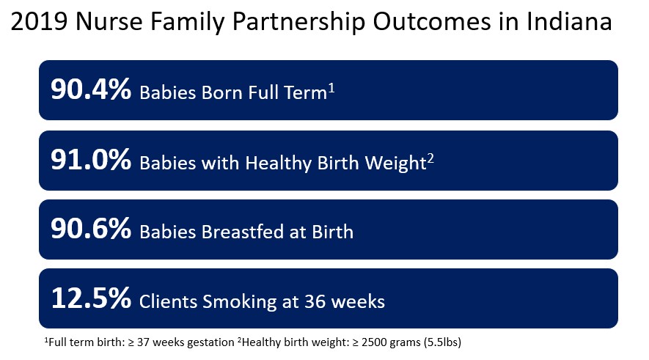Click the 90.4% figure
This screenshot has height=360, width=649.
pos(91,89)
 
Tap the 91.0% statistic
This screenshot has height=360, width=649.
pos(91,160)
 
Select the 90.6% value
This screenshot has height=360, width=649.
pos(91,229)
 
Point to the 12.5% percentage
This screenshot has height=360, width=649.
pos(91,298)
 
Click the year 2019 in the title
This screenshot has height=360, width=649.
pos(39,21)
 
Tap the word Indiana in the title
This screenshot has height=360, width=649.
pos(569,21)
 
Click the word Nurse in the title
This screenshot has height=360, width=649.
pos(109,21)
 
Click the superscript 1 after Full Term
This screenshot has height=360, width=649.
pos(331,89)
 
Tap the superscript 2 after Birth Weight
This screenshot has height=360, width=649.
pos(430,159)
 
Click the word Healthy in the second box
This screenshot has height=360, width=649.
pos(278,164)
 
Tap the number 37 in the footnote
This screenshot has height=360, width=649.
pos(144,342)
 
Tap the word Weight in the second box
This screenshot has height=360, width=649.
pos(395,164)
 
